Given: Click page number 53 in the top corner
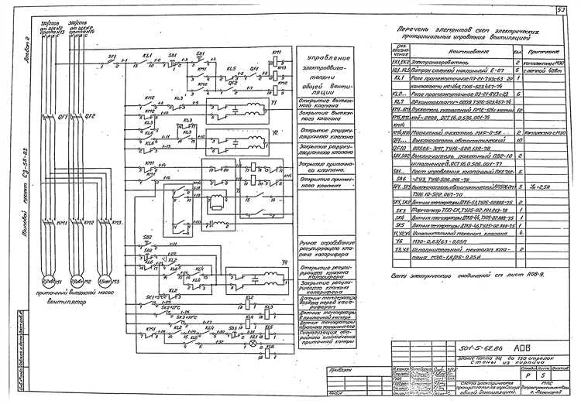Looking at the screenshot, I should click(x=559, y=10).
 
